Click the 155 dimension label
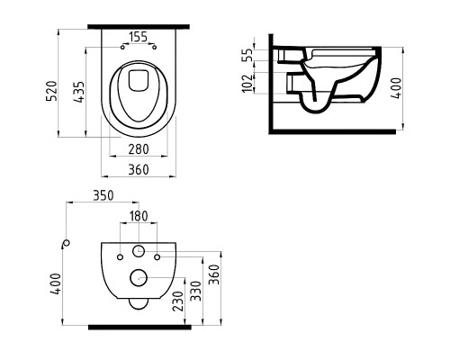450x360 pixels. (x=139, y=37)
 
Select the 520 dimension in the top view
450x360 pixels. (x=51, y=91)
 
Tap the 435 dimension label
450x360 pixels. (x=79, y=92)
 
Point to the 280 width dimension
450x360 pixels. (x=139, y=149)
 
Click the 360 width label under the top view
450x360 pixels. (x=139, y=169)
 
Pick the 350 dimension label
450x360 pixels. (x=103, y=195)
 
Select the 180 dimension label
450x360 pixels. (x=139, y=216)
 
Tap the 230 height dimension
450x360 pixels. (x=178, y=301)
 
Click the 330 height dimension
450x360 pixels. (x=195, y=291)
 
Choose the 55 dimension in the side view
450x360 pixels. (x=247, y=55)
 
